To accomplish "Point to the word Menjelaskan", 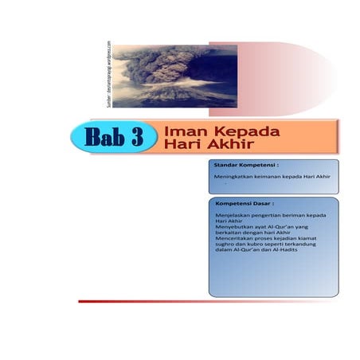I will [232, 215].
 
